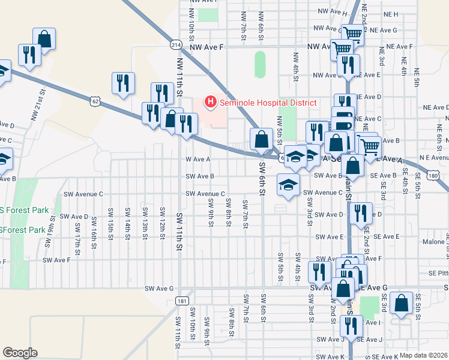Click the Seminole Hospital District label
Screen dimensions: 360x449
[x=268, y=103]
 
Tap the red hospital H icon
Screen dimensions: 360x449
[x=210, y=103]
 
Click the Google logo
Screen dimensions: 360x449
[x=20, y=353]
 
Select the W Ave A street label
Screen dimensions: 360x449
[x=197, y=160]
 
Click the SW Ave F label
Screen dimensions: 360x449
[x=57, y=260]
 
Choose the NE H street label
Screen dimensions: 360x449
[x=391, y=13]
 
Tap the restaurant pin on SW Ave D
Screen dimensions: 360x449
[x=360, y=214]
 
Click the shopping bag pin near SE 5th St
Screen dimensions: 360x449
[x=400, y=304]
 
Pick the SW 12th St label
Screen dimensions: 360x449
[x=162, y=220]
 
